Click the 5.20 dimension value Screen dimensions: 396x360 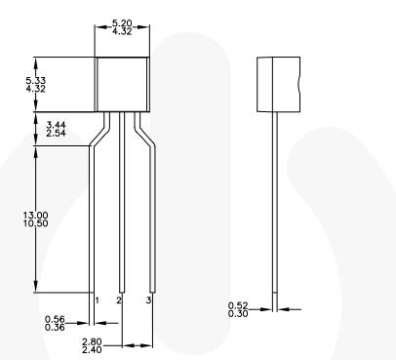(122, 23)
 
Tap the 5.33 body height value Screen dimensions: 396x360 (36, 80)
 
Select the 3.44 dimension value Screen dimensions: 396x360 (56, 125)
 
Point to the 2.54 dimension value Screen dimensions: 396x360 (56, 133)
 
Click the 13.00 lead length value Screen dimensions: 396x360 (36, 215)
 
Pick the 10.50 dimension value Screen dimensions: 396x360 (36, 223)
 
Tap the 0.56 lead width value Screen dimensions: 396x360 (55, 319)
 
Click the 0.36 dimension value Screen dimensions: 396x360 (55, 327)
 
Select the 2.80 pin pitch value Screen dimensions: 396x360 (92, 341)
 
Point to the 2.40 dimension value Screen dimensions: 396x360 (92, 350)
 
